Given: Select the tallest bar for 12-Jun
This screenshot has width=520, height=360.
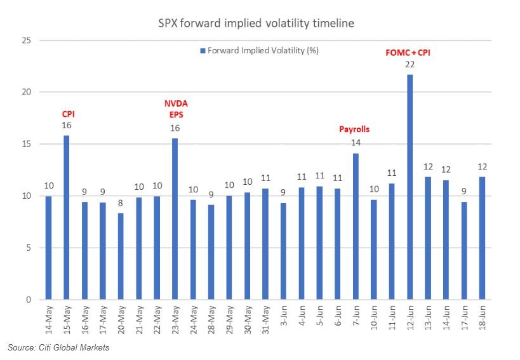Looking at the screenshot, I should click(x=410, y=187).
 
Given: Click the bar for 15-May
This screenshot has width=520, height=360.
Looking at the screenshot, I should click(x=66, y=217).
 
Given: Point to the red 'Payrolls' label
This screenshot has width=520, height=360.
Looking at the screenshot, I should click(x=354, y=129).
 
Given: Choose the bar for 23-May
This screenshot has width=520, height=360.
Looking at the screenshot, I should click(x=175, y=219).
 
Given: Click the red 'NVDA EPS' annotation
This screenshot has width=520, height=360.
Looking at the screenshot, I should click(x=177, y=108).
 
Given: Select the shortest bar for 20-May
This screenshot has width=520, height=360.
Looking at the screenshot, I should click(x=121, y=257).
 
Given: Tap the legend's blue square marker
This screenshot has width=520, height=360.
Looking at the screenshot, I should click(x=203, y=50).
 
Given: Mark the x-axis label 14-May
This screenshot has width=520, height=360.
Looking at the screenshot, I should click(x=48, y=321).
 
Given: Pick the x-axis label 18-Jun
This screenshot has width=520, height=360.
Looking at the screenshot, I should click(x=483, y=321).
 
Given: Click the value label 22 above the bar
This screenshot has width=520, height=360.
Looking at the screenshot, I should click(x=410, y=65).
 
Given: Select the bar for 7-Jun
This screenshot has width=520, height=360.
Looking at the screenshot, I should click(x=356, y=226).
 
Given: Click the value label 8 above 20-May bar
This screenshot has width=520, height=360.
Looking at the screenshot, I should click(x=121, y=203).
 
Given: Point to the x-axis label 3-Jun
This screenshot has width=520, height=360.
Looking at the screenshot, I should click(x=284, y=321).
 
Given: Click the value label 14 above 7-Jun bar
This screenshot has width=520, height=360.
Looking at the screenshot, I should click(x=356, y=143).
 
